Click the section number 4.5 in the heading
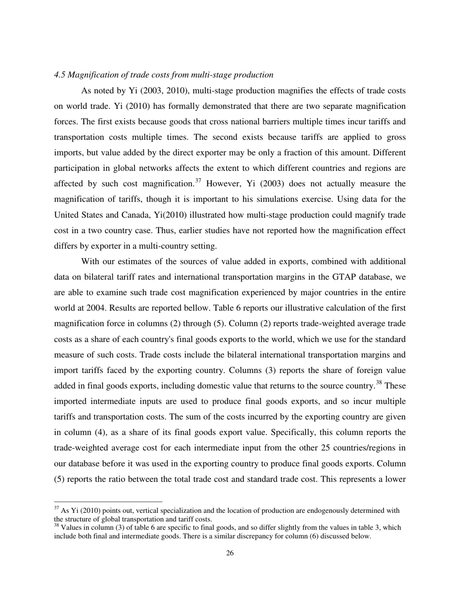(x=59, y=75)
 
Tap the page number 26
(x=230, y=553)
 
